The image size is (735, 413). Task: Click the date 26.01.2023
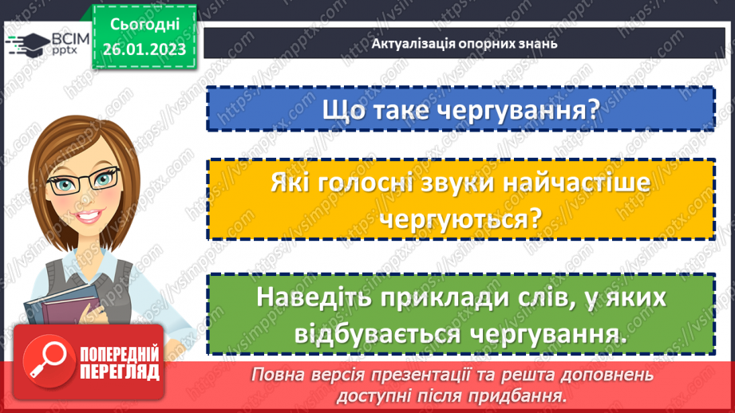point(144,49)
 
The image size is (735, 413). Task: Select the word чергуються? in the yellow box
point(459,218)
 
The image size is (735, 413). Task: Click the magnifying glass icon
point(48,360)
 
